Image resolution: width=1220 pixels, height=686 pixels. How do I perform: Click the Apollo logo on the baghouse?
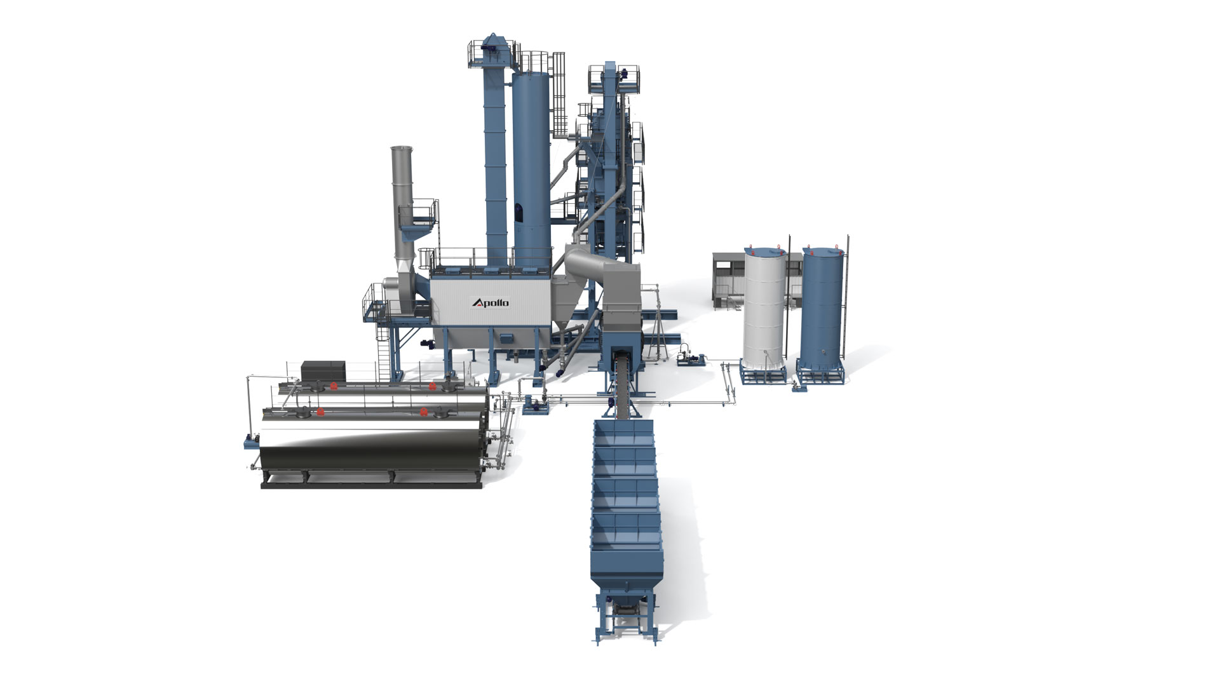(490, 302)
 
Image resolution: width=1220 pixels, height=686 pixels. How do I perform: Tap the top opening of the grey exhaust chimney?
(401, 149)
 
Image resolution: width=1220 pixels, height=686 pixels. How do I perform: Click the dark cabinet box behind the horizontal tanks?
(323, 370)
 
